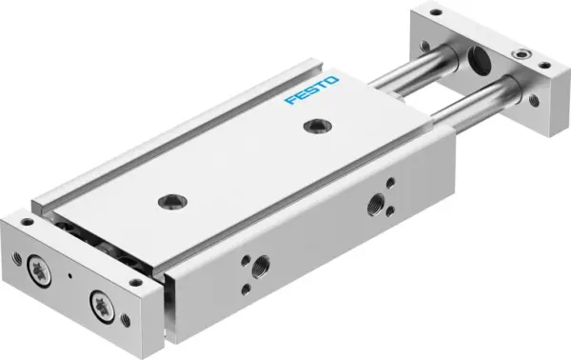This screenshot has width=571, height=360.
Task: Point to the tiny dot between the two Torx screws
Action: click(x=71, y=276)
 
